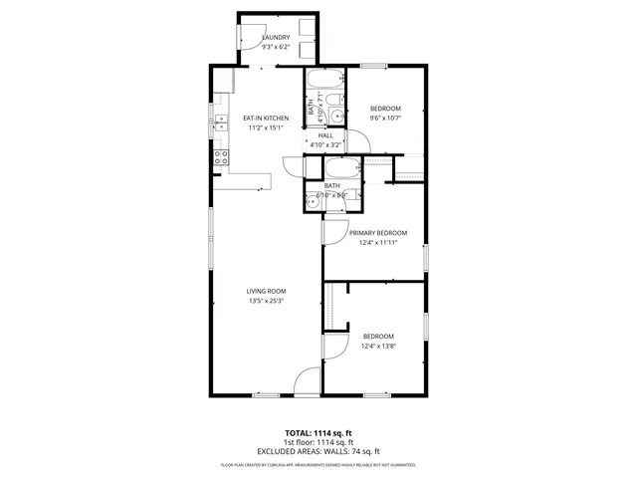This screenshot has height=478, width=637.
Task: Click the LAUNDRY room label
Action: [276, 38]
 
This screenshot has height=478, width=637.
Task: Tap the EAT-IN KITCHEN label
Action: [265, 119]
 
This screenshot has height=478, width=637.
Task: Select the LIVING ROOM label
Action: [266, 291]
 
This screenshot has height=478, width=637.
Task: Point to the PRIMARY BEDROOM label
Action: [377, 233]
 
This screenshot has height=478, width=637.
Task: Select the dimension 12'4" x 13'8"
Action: [377, 345]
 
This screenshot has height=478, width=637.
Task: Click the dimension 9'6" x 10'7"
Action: [385, 118]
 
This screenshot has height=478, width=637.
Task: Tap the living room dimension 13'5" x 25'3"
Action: [266, 301]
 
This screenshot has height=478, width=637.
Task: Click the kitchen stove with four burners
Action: [219, 157]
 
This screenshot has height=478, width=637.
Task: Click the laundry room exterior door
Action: [244, 37]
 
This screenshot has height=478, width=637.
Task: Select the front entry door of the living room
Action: [310, 380]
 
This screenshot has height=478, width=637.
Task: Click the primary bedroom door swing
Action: [333, 233]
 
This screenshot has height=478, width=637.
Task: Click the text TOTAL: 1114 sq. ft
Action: [318, 434]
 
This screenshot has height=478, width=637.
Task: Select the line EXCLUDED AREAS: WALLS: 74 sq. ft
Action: [318, 451]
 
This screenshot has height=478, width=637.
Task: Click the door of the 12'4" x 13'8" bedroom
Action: [333, 348]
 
